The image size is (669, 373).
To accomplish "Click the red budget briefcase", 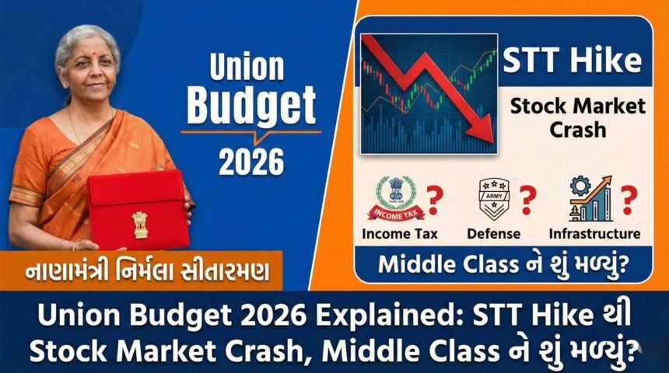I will tap(138, 211).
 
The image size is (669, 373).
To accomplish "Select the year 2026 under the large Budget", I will tap(249, 161).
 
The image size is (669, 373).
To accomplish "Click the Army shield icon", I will tap(494, 199).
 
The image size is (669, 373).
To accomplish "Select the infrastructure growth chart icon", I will tap(589, 199).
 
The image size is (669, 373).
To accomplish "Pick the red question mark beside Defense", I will tap(529, 199).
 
